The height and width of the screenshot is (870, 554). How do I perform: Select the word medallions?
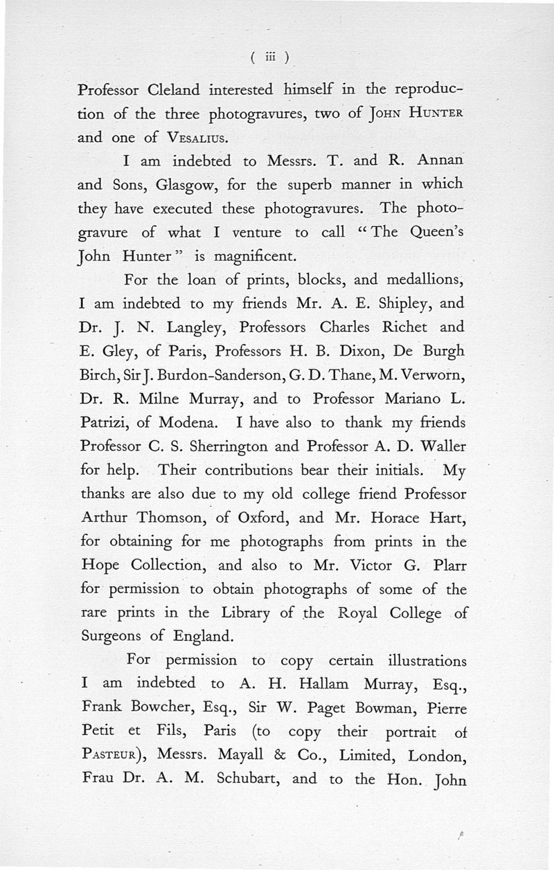tap(418, 280)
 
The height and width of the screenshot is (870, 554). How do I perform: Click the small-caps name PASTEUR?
tap(107, 756)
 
